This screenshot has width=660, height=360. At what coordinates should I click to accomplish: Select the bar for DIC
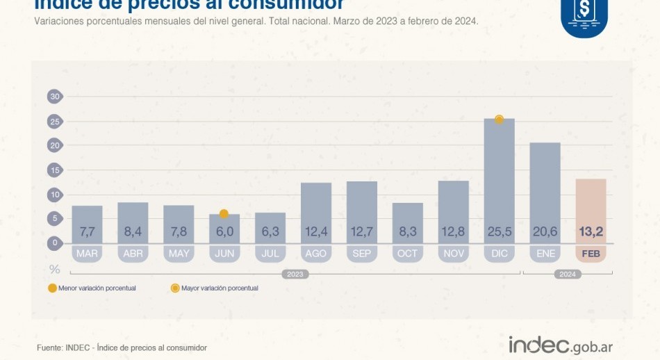[x=500, y=181]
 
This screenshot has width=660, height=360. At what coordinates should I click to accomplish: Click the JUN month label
[x=224, y=254]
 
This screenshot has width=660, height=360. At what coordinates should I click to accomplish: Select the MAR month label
[x=87, y=254]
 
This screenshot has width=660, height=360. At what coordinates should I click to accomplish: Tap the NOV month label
[x=454, y=254]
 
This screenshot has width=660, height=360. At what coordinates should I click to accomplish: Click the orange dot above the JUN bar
[x=224, y=214]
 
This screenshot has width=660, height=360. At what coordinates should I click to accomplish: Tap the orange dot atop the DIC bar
[x=499, y=120]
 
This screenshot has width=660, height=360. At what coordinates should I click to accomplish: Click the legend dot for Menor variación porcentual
[x=51, y=288]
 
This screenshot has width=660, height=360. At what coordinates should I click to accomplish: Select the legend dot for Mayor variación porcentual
[x=175, y=288]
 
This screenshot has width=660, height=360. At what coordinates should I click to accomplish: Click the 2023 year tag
[x=295, y=275]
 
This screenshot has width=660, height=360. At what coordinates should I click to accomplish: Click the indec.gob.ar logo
[x=560, y=345]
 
